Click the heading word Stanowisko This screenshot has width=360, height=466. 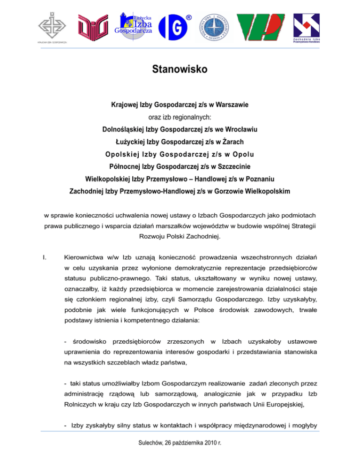point(180,71)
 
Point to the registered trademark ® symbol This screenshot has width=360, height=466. point(188,17)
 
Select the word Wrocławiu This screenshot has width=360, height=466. point(238,128)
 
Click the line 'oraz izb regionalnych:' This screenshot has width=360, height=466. point(180,117)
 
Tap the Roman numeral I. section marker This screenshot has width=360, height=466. point(44,244)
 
